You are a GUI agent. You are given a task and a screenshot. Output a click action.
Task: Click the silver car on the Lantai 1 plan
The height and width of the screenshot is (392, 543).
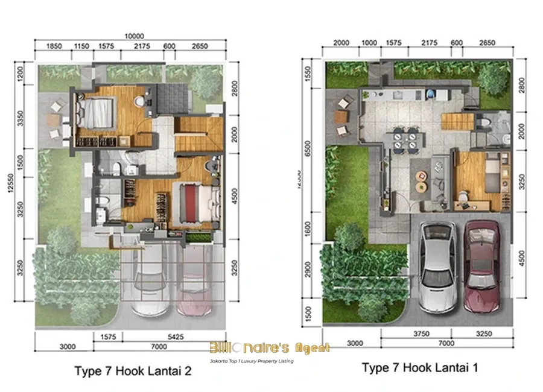tap(439, 264)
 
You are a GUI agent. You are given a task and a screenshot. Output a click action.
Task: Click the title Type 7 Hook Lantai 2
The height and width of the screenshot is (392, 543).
tap(133, 371)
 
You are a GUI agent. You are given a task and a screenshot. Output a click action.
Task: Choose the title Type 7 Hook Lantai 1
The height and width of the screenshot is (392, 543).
tap(420, 367)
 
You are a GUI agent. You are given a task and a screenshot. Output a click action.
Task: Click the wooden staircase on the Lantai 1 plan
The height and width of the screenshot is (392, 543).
tap(457, 123)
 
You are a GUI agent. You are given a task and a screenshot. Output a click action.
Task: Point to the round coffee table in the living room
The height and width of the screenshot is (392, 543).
tap(422, 175)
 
